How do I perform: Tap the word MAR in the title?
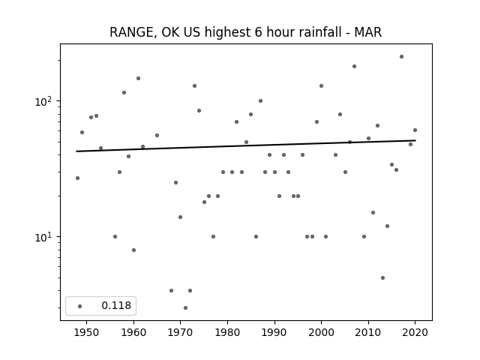pos(368,32)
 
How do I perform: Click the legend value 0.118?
pos(116,305)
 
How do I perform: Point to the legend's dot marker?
pos(80,306)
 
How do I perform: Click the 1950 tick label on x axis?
pos(87,332)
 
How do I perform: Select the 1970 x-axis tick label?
pos(180,332)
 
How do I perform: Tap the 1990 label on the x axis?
pos(274,332)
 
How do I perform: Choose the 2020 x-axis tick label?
pos(415,332)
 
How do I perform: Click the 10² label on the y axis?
pos(43,101)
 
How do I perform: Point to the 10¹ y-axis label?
pos(43,237)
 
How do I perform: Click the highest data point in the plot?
pos(402,57)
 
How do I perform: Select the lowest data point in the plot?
pos(185,308)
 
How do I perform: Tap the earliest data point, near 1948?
pos(77,178)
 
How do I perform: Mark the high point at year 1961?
pos(138,78)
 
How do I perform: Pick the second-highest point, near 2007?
pos(354,67)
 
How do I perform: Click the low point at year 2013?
pos(382,278)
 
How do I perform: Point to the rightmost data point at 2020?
pos(415,130)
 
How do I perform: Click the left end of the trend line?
pos(76,151)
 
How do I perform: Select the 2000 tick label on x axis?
pos(321,332)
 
